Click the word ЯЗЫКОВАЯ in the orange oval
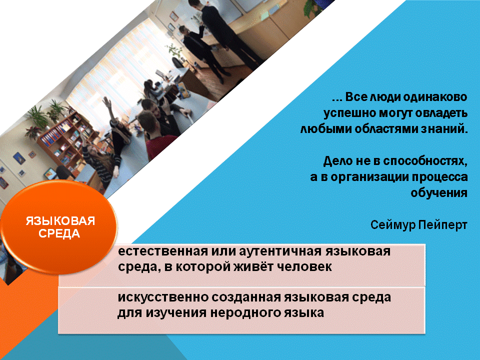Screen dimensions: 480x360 click(60, 221)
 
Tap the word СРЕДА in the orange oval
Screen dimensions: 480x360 click(59, 234)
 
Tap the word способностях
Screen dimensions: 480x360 click(425, 161)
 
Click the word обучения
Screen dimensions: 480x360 click(438, 193)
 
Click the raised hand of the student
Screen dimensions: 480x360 click(106, 102)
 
